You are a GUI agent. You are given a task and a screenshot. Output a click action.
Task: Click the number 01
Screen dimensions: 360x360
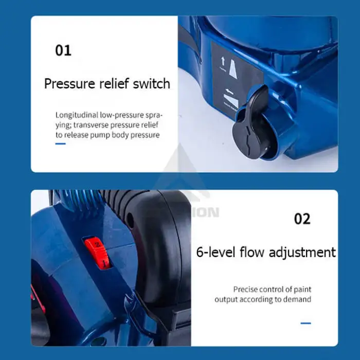point(63,51)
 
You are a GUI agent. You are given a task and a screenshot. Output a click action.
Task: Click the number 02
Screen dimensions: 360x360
point(302,219)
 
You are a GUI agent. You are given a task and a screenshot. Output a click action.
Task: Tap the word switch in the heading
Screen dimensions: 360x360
point(152,84)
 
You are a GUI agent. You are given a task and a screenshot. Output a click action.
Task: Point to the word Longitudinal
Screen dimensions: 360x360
point(77,115)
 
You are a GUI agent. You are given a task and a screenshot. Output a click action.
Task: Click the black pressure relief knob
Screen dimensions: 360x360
point(249,124)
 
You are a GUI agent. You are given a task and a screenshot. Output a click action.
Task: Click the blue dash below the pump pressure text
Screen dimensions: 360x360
point(61,144)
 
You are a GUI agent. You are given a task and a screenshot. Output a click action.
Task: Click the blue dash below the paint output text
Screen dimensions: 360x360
point(305,323)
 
